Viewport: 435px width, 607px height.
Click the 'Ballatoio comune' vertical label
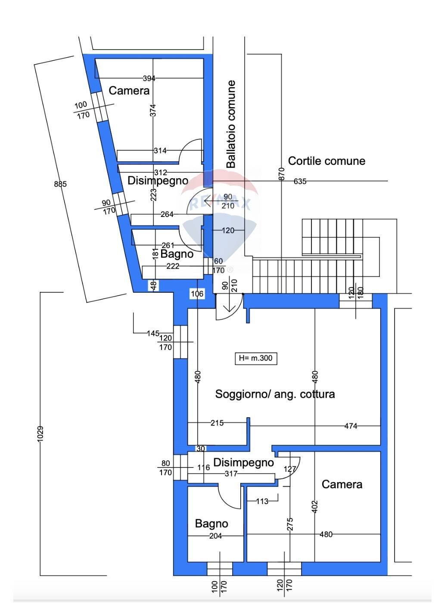coord(231,124)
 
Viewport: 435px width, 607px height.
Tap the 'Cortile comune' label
coord(326,161)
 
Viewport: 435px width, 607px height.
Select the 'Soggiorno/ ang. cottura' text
coord(275,394)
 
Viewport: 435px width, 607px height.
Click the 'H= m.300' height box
coord(256,358)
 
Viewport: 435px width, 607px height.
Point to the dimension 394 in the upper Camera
coord(149,78)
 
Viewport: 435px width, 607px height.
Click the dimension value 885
coord(60,184)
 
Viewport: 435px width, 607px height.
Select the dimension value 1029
coord(40,434)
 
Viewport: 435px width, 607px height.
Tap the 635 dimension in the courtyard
coord(300,181)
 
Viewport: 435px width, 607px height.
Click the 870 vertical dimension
coord(282,173)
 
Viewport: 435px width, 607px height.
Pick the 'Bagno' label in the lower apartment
coord(211,523)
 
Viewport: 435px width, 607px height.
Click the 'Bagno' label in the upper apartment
coord(177,254)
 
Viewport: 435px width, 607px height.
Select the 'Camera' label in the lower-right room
coord(342,484)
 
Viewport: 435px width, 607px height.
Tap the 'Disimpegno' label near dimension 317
coord(243,463)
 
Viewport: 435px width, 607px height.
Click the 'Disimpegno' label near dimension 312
coord(158,181)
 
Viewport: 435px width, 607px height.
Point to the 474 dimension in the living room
coord(351,426)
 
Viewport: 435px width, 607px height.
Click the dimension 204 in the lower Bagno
coord(215,536)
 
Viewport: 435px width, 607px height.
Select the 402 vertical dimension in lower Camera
coord(314,506)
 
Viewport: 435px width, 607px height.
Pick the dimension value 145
coord(153,333)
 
